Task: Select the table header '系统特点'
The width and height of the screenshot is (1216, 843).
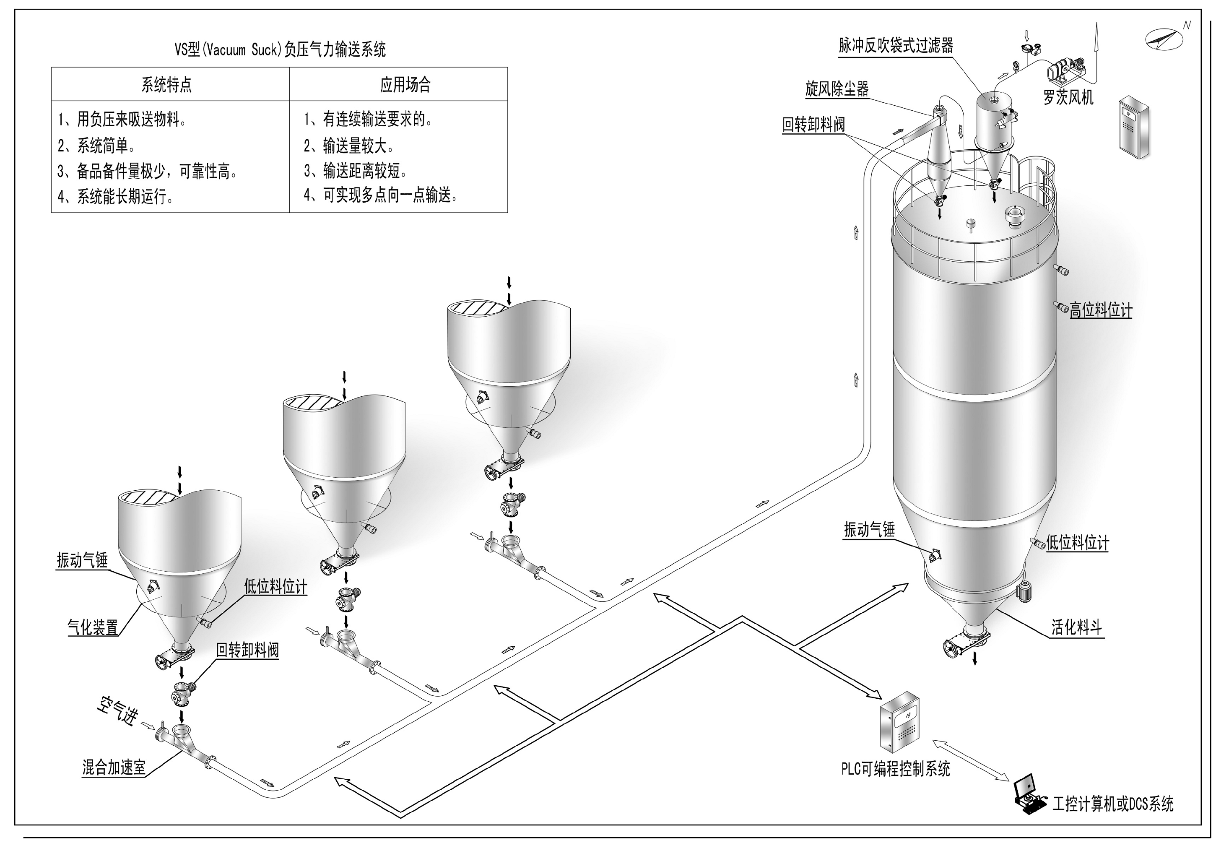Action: coord(166,85)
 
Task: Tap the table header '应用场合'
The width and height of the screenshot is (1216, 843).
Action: coord(405,85)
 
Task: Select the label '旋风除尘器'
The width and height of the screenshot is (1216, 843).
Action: coord(837,89)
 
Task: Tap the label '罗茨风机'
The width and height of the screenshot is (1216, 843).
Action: coord(1068,97)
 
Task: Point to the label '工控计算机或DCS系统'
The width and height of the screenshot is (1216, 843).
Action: coord(1113,804)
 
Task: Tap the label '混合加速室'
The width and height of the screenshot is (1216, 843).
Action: coord(114,768)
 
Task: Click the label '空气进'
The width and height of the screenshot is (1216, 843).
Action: coord(117,710)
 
